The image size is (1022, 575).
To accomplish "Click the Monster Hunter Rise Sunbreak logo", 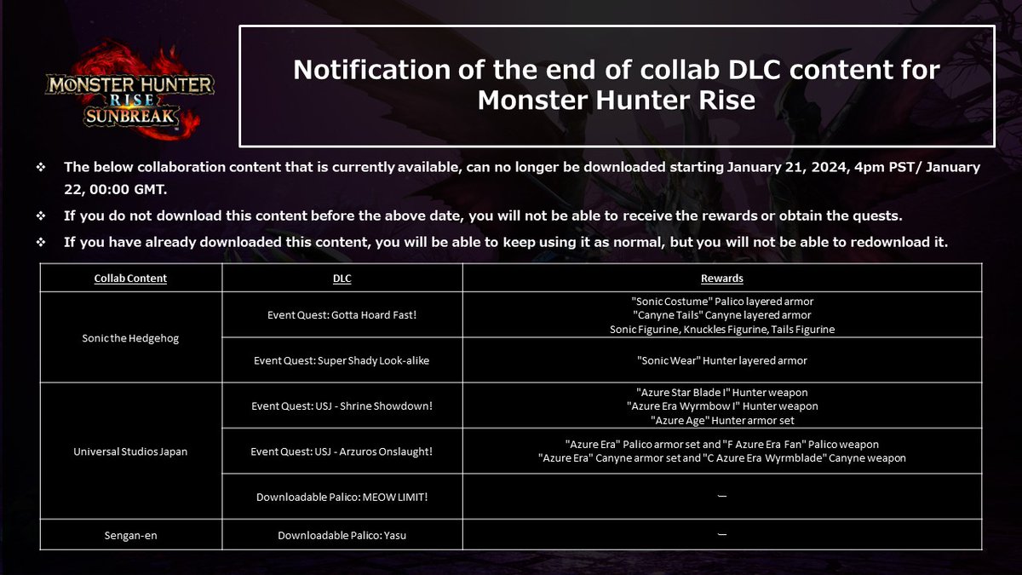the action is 129,90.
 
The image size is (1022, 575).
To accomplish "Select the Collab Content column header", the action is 130,278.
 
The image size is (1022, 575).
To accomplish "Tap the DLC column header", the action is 342,278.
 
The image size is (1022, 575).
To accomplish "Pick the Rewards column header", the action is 722,278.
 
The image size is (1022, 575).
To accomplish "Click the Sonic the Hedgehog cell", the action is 130,338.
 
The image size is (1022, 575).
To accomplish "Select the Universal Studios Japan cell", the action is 130,451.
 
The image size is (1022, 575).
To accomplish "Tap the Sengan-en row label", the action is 130,535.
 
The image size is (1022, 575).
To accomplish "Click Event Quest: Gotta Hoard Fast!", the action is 342,315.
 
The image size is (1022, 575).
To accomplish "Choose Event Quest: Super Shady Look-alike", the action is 342,360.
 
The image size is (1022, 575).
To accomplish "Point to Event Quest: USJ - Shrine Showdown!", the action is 342,405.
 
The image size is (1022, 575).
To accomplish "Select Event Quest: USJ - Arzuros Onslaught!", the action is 342,451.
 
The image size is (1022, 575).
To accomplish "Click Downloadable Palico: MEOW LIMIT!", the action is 342,497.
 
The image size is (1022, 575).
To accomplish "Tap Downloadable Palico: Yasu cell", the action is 342,535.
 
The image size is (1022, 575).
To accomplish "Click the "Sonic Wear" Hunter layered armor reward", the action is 722,360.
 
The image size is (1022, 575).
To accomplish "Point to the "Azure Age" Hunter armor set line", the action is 722,420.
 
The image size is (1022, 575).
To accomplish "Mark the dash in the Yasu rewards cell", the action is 722,534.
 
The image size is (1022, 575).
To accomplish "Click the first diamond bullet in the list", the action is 41,167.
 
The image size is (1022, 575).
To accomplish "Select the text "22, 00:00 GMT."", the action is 116,189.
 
